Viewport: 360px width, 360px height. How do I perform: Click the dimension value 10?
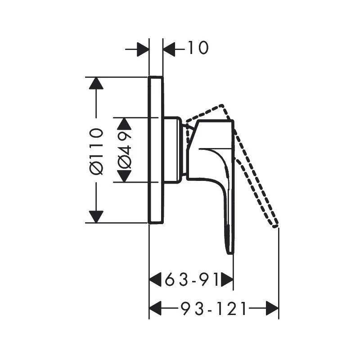[198, 48]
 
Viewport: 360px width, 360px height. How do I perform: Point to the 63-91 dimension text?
[192, 280]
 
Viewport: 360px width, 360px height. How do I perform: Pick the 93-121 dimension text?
[214, 309]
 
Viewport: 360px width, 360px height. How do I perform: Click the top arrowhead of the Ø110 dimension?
[96, 83]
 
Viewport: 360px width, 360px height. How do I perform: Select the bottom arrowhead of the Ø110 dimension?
[96, 216]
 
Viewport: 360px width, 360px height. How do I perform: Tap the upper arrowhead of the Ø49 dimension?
[125, 124]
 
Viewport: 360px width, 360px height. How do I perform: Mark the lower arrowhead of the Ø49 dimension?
[125, 176]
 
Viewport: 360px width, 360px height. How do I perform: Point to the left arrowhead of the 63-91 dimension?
[156, 280]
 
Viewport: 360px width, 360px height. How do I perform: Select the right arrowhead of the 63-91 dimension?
[227, 280]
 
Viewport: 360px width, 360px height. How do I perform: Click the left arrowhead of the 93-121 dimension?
[155, 309]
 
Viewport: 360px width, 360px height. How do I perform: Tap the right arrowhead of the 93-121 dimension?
[272, 309]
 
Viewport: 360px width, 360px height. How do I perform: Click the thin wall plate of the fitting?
[156, 149]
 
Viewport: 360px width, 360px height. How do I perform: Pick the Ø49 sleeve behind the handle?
[172, 150]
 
